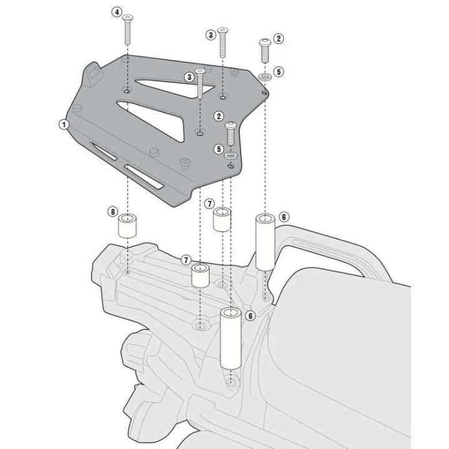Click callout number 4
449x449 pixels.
pos(117,12)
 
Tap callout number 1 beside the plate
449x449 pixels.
pos(63,124)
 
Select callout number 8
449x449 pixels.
pos(112,212)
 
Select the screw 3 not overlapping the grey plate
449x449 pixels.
pos(223,44)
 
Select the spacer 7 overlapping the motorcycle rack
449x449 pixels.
pos(200,275)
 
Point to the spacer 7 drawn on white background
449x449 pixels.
pos(222,220)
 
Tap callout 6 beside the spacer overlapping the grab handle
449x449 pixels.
pos(284,216)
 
